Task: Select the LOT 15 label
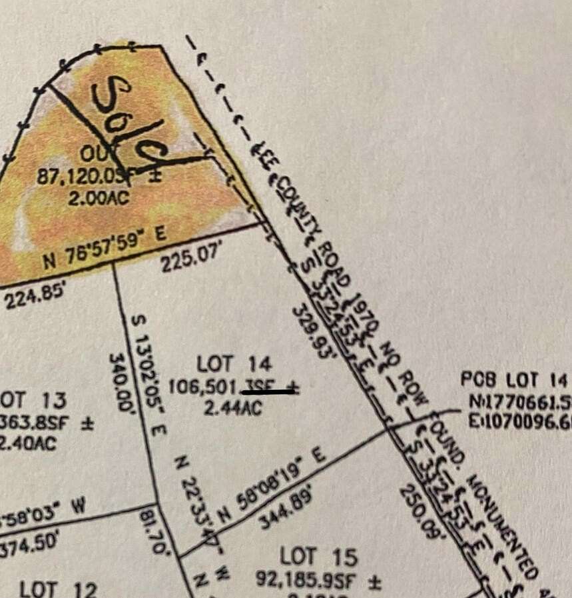pos(318,556)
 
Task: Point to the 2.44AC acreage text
pos(223,409)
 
